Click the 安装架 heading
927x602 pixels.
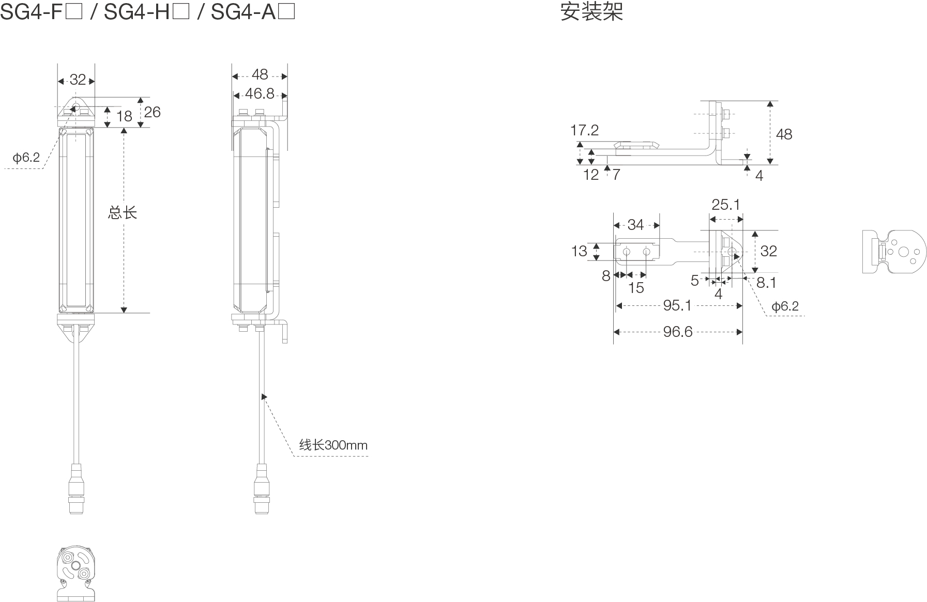click(591, 11)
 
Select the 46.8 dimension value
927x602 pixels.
click(260, 94)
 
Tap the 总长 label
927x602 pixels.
click(122, 212)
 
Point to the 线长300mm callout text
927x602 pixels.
click(333, 445)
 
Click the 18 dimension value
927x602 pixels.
click(124, 116)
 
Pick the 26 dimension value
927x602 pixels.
click(152, 112)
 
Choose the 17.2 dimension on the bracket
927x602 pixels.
click(584, 130)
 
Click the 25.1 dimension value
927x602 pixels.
click(725, 205)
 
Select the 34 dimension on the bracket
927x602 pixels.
click(635, 225)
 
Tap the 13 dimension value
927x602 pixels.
click(579, 251)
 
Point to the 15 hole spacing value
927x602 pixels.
click(636, 288)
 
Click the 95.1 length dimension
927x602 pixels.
click(677, 305)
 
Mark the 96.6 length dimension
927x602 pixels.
click(677, 331)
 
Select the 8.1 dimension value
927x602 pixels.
click(766, 283)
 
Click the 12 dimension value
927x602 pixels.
click(590, 175)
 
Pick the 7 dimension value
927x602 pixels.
click(616, 175)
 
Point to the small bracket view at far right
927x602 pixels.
click(894, 252)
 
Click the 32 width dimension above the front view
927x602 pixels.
click(78, 80)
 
